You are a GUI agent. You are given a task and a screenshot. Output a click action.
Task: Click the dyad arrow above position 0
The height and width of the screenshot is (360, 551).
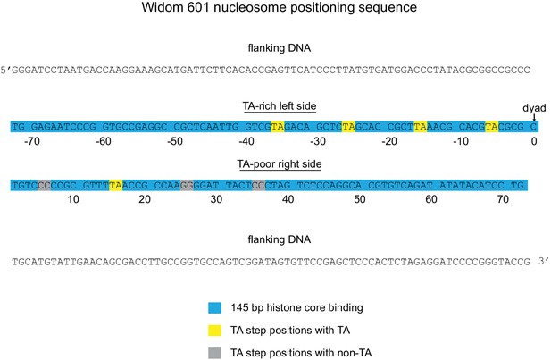(x=534, y=117)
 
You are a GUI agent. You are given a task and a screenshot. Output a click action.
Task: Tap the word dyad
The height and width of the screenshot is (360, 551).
(x=534, y=108)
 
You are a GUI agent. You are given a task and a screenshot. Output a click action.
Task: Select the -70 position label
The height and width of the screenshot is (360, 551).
(x=32, y=141)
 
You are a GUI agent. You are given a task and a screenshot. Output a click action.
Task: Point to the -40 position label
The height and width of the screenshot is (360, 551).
(x=246, y=141)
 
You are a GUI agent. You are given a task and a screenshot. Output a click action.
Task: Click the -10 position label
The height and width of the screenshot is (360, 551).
(x=461, y=141)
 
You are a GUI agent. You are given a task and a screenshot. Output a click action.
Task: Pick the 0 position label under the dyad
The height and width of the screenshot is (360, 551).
(x=534, y=141)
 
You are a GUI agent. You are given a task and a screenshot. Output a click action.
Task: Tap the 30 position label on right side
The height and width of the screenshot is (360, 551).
(x=216, y=199)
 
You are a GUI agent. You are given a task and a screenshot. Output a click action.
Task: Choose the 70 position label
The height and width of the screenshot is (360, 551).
(x=503, y=199)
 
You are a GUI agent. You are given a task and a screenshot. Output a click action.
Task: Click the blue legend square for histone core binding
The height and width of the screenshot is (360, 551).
(x=214, y=307)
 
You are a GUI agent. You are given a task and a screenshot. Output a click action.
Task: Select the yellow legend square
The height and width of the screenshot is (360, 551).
(x=214, y=331)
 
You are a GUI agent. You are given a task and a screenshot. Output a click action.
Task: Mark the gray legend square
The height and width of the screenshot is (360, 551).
(x=214, y=353)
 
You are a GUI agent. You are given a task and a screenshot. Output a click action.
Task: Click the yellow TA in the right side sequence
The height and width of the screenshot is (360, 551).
(x=115, y=185)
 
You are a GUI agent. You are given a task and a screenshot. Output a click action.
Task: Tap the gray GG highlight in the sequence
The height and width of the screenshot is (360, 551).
(x=187, y=185)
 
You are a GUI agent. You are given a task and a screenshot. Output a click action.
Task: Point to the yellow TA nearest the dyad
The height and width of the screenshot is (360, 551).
(x=491, y=127)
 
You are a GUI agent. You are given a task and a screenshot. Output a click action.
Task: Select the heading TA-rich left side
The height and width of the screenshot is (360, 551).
(x=280, y=106)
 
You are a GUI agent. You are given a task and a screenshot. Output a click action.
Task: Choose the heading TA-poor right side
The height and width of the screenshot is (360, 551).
(x=280, y=164)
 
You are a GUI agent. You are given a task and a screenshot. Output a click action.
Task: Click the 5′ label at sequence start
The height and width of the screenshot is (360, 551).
(x=6, y=70)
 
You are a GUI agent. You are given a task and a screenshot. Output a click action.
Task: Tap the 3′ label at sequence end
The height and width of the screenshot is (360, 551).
(x=543, y=261)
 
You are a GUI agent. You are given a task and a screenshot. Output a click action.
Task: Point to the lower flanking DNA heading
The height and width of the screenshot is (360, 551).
(x=280, y=239)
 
